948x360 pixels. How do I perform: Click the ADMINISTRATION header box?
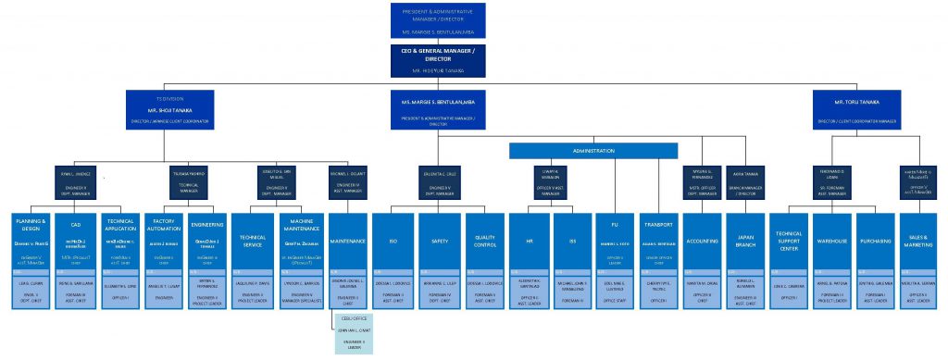(x=592, y=150)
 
